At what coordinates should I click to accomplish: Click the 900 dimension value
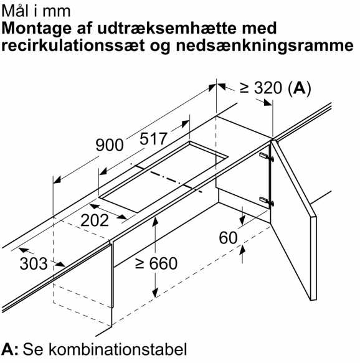pyautogui.click(x=110, y=145)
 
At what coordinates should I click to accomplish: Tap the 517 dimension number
pyautogui.click(x=153, y=139)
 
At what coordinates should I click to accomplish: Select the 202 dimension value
pyautogui.click(x=95, y=220)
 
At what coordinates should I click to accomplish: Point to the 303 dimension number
pyautogui.click(x=34, y=263)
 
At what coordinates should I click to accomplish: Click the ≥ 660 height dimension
pyautogui.click(x=156, y=263)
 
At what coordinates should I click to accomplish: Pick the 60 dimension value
pyautogui.click(x=229, y=238)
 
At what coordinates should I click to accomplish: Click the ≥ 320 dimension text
pyautogui.click(x=261, y=88)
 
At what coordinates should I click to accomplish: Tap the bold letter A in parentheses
pyautogui.click(x=300, y=88)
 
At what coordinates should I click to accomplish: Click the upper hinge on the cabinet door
pyautogui.click(x=266, y=157)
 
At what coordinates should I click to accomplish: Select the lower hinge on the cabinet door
pyautogui.click(x=266, y=201)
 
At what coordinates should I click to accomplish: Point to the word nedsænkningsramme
pyautogui.click(x=265, y=46)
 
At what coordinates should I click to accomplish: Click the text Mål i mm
pyautogui.click(x=36, y=11)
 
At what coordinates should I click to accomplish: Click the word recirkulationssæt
pyautogui.click(x=73, y=45)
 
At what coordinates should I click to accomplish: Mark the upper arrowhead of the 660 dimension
pyautogui.click(x=155, y=221)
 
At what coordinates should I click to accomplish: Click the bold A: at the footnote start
pyautogui.click(x=10, y=349)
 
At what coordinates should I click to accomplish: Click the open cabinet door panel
pyautogui.click(x=293, y=220)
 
